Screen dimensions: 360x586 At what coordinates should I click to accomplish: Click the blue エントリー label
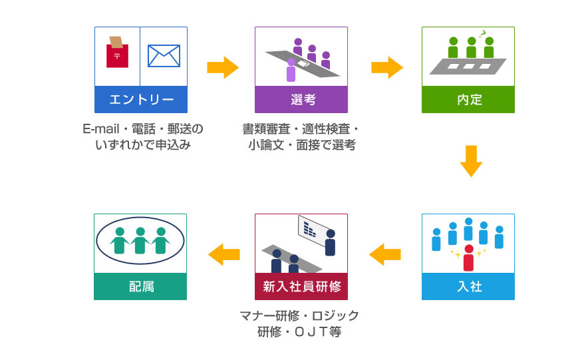(x=140, y=100)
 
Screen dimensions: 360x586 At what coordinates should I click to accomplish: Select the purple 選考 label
(x=301, y=100)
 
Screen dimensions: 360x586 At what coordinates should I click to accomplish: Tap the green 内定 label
(x=468, y=100)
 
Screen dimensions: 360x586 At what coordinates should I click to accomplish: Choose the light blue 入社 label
(x=468, y=287)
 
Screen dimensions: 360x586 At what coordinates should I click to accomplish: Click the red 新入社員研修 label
(x=301, y=287)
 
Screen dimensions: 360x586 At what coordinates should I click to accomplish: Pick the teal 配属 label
(x=140, y=287)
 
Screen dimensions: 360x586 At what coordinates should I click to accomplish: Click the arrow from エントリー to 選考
(x=222, y=67)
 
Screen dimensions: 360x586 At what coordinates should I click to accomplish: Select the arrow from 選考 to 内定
(x=386, y=67)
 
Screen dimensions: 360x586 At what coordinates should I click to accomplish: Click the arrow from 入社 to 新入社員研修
(x=385, y=254)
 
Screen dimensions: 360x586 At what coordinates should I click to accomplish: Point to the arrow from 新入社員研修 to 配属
(x=223, y=254)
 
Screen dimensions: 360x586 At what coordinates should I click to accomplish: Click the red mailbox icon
(x=117, y=53)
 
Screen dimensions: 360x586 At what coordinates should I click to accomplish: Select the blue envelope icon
(x=164, y=56)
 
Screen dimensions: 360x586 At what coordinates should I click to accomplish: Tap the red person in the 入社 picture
(x=469, y=258)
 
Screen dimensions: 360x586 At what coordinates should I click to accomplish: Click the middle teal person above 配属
(x=140, y=240)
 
